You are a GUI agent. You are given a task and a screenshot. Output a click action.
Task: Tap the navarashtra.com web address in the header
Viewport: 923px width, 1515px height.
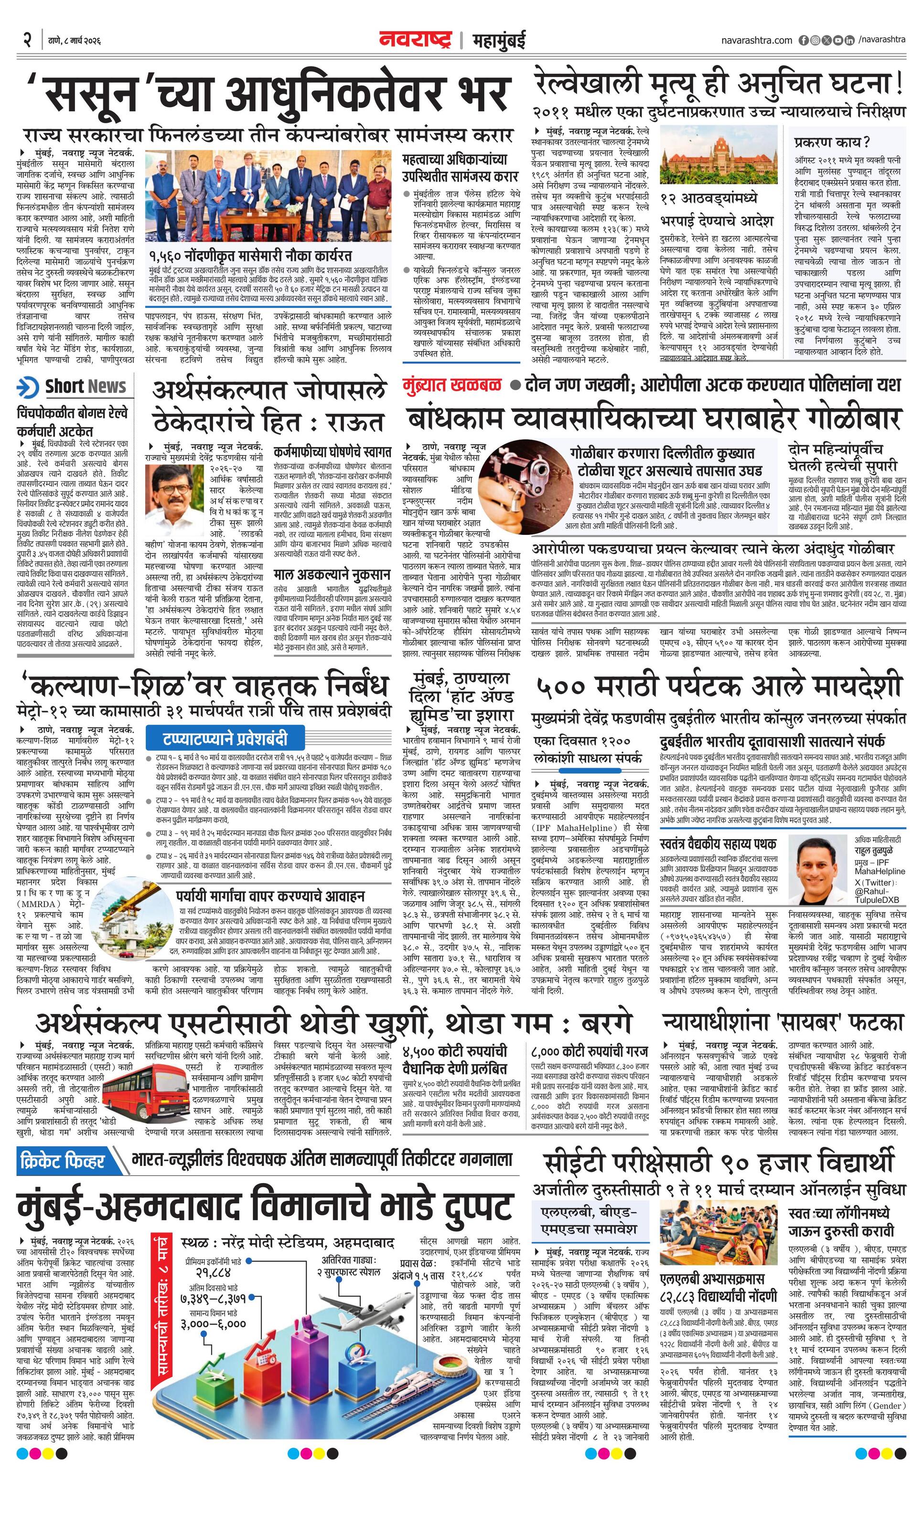click(756, 41)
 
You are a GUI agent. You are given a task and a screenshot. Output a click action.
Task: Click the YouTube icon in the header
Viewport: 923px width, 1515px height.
click(837, 41)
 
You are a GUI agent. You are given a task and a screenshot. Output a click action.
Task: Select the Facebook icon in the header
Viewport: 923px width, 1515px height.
click(804, 41)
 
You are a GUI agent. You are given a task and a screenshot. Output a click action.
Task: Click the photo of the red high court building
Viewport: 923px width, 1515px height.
click(717, 159)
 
